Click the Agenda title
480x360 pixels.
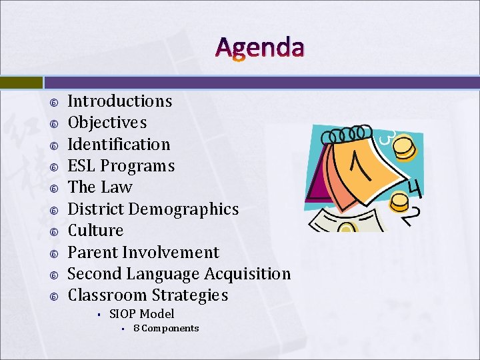tap(260, 47)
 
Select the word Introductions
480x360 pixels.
tap(120, 101)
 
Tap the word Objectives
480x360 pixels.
tap(107, 123)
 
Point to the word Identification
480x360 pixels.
tap(119, 144)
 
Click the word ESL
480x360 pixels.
tap(83, 166)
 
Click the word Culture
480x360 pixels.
tap(96, 231)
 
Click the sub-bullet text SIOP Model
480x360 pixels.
tap(141, 314)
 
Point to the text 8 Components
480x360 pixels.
tap(166, 328)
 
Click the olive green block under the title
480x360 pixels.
tap(21, 83)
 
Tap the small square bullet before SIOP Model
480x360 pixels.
tap(97, 315)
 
